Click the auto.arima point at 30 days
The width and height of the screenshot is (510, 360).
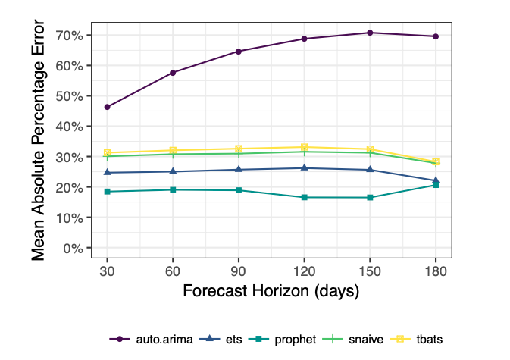click(108, 107)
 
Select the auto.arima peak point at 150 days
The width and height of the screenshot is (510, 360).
click(370, 33)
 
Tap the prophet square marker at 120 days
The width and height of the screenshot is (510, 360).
click(304, 197)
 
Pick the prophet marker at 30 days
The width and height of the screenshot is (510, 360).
click(108, 192)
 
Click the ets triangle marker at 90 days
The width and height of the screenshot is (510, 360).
click(239, 169)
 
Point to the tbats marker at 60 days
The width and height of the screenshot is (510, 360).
click(173, 150)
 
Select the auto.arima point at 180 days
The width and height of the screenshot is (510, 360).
click(436, 36)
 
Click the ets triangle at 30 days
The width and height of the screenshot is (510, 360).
click(108, 172)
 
